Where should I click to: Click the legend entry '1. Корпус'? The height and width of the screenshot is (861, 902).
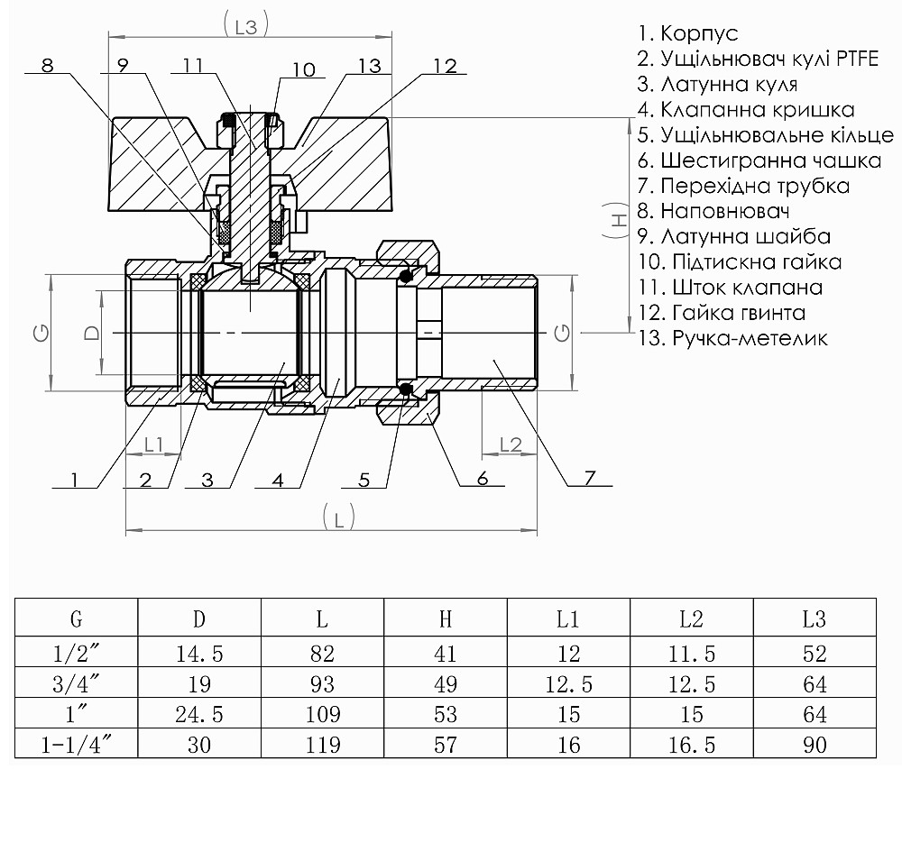(x=687, y=34)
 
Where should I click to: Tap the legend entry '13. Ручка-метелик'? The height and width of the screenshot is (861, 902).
(x=732, y=339)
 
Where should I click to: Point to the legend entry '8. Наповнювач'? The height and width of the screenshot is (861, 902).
(x=713, y=212)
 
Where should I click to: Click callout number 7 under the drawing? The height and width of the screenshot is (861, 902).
(x=590, y=479)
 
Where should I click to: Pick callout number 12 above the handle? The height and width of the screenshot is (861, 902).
(x=444, y=68)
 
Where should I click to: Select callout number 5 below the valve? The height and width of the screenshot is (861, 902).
(x=364, y=479)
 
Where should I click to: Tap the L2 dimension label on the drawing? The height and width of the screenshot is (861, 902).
(x=511, y=444)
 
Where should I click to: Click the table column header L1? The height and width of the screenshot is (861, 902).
(x=568, y=619)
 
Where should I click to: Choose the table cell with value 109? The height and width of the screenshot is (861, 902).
(x=322, y=715)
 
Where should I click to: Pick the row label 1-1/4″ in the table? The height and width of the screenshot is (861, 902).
(x=77, y=746)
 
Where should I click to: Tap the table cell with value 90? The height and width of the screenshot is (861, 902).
(x=815, y=746)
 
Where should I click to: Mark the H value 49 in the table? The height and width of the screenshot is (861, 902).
(x=445, y=684)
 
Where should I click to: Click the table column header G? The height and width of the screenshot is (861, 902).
(x=77, y=619)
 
